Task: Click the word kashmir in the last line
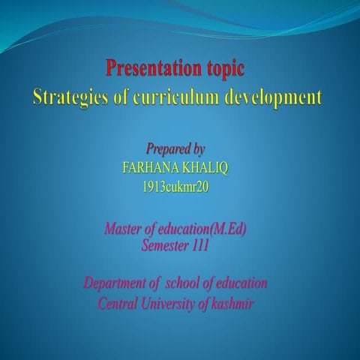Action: point(236,304)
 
